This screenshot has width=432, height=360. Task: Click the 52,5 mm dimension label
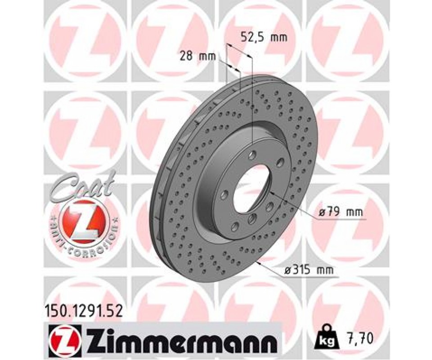point(264,36)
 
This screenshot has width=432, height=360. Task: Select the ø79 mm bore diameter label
point(341,212)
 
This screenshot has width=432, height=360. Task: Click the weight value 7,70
point(359,336)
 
